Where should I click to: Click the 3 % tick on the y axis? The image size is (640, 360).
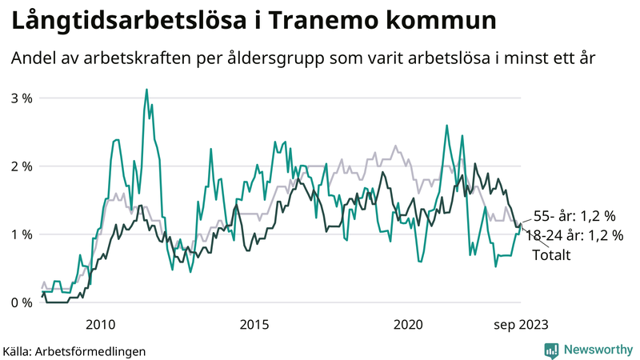point(20,98)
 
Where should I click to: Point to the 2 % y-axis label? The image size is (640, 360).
point(20,166)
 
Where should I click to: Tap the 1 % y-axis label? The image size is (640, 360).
point(20,234)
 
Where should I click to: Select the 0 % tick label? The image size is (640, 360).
point(20,303)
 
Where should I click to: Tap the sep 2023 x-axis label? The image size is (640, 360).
point(520,324)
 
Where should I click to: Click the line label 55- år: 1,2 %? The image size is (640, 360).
point(574,215)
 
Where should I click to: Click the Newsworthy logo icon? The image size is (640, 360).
point(551,350)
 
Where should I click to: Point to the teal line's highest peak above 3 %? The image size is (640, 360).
point(146,90)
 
